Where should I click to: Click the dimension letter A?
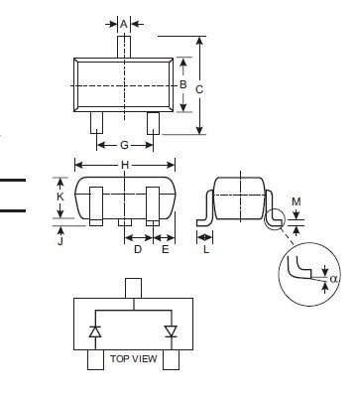click(124, 24)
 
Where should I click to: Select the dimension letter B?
click(183, 84)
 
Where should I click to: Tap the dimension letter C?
click(199, 89)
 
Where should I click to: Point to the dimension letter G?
click(124, 145)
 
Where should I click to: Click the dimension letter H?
click(125, 165)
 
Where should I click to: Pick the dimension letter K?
click(60, 197)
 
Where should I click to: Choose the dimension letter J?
click(60, 241)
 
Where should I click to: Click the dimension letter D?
click(138, 249)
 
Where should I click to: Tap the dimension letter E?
click(166, 249)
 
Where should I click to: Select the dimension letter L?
click(206, 249)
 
